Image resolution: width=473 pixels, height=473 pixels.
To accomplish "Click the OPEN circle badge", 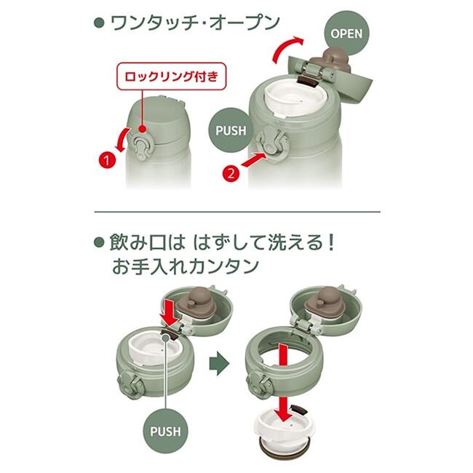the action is (x=346, y=33).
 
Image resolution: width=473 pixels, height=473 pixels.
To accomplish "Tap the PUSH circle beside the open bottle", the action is (x=231, y=130).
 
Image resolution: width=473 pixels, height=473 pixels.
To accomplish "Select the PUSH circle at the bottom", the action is (x=165, y=431).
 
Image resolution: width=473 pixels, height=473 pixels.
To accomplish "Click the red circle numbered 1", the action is (x=107, y=160).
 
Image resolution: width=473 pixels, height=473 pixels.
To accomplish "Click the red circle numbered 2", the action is (x=231, y=174).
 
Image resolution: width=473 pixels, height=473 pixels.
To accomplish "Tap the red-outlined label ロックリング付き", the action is (x=171, y=76).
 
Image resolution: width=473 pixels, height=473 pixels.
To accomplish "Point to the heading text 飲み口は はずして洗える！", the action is (x=223, y=243).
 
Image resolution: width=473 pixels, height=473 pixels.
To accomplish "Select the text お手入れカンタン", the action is (x=186, y=266).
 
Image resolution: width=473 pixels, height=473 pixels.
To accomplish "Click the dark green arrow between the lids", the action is (x=219, y=363).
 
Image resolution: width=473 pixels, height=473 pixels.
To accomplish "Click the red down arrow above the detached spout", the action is (x=284, y=410).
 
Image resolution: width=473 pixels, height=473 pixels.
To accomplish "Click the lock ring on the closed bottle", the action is (x=141, y=147).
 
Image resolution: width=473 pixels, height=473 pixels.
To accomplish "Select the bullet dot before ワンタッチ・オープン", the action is (x=99, y=23).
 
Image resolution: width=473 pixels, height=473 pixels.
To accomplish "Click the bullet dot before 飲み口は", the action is (x=99, y=242).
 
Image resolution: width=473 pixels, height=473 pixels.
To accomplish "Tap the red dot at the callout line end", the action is (x=143, y=129).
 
